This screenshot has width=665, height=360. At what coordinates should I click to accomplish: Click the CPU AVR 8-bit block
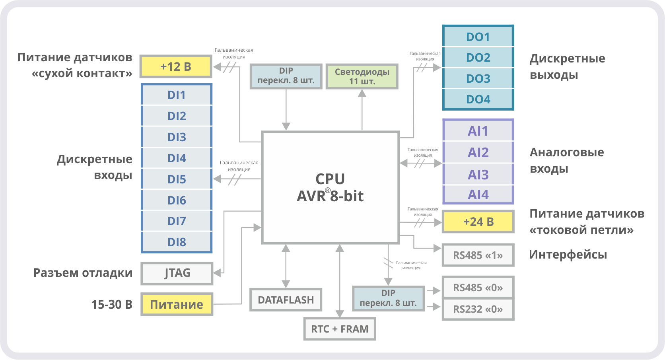tap(330, 187)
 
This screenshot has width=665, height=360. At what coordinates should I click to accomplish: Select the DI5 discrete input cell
tap(177, 179)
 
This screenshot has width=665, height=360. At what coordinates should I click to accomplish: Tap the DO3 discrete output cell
tap(478, 79)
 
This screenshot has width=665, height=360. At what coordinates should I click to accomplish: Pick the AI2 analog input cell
tap(478, 153)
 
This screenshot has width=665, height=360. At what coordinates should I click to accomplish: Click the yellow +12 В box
tap(176, 67)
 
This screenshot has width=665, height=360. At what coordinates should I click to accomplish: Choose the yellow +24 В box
tap(478, 222)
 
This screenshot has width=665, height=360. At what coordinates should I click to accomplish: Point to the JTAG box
tap(177, 273)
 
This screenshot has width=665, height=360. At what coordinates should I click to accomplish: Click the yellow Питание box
tap(177, 305)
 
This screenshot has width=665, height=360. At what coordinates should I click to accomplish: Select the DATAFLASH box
tap(286, 300)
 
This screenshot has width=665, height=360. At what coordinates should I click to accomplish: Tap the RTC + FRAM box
tap(340, 329)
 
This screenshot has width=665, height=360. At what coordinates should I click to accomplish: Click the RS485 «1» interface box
tap(478, 255)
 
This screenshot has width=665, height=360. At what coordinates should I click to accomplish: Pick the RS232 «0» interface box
tap(478, 309)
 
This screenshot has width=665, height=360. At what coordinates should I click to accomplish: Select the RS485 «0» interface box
tap(478, 288)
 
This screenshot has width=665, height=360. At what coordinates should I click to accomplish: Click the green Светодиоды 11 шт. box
tap(362, 76)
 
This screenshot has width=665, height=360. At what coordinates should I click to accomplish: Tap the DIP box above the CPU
tap(286, 76)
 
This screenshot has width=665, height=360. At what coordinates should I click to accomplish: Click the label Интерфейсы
tap(568, 255)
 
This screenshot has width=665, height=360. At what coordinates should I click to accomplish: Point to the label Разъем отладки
tap(83, 273)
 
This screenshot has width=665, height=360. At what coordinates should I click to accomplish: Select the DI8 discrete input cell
tap(177, 242)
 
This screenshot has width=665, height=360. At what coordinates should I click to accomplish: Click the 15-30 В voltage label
tap(112, 305)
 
